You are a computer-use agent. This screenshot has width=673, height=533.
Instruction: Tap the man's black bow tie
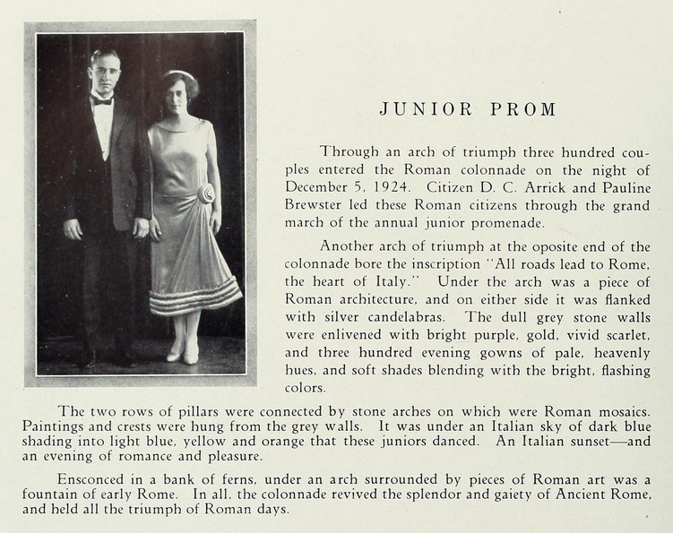point(102,101)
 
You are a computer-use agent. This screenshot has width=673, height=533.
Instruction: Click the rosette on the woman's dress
point(207,193)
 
